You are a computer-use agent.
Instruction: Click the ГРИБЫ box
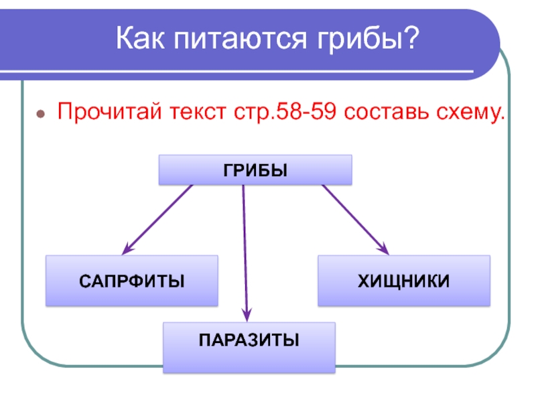pos(255,170)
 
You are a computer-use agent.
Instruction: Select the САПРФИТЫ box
pos(132,281)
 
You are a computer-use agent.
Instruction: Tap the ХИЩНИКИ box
pos(403,281)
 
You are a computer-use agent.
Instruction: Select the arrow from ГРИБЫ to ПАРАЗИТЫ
pos(245,251)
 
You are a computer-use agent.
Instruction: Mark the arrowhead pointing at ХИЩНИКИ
pos(384,248)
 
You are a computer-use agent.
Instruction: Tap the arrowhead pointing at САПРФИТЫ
pos(128,247)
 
